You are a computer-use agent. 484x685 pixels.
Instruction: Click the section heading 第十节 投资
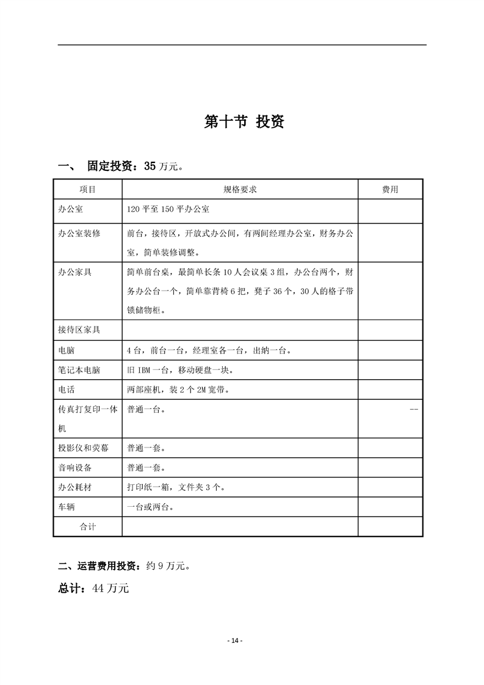point(244,121)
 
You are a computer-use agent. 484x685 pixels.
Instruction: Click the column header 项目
point(88,190)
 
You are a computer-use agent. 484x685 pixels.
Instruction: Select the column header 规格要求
point(240,190)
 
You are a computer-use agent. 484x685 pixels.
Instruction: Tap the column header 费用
point(390,190)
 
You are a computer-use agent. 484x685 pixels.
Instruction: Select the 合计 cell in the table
point(88,526)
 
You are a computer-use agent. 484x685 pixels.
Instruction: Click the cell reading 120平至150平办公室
point(168,209)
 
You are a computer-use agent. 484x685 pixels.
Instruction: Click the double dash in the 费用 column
point(414,409)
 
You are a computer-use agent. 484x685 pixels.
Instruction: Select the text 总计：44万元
point(93,589)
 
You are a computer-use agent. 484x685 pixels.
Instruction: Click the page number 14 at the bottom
point(235,640)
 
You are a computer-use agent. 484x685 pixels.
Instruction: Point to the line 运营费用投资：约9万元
point(124,566)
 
